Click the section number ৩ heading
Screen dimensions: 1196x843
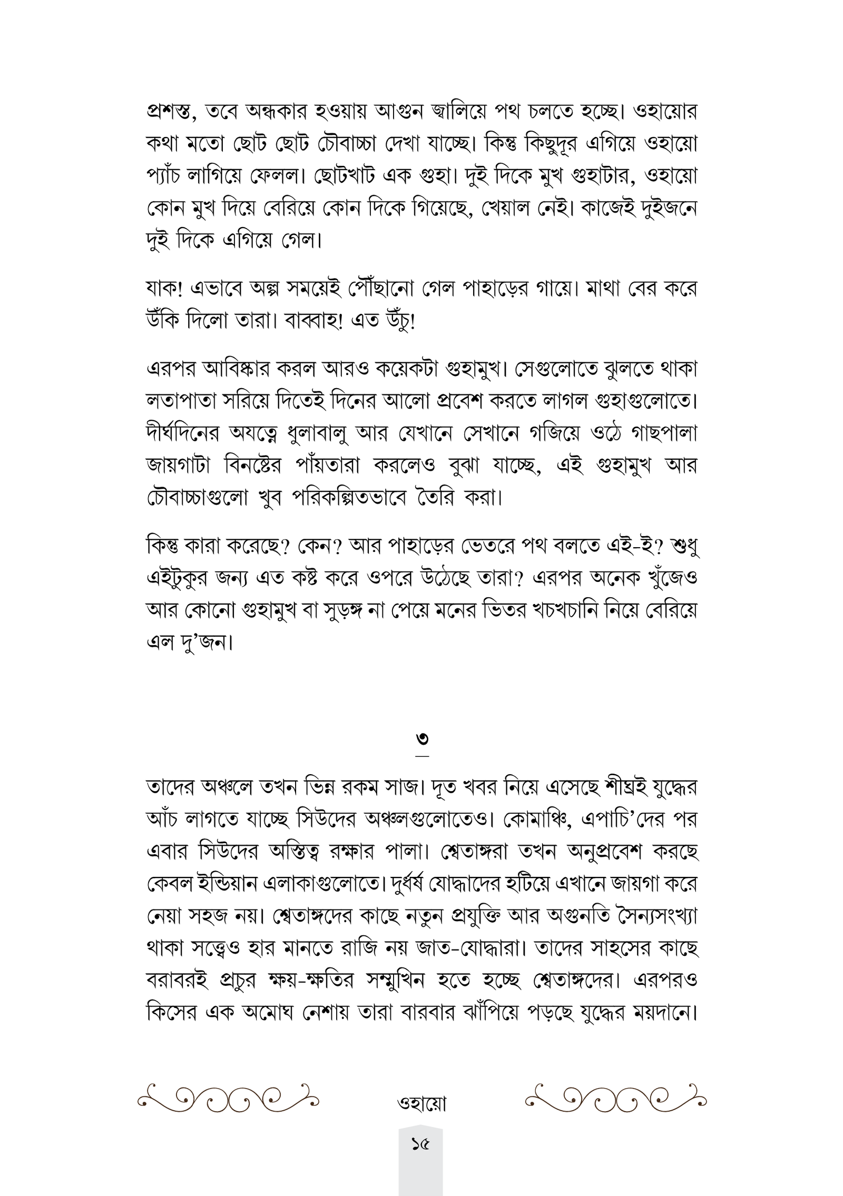click(x=421, y=739)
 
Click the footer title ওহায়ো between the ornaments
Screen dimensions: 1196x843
click(x=421, y=1103)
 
